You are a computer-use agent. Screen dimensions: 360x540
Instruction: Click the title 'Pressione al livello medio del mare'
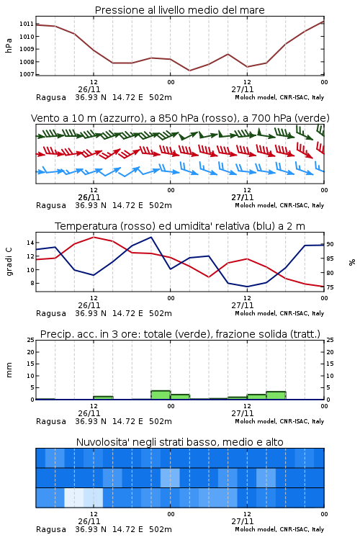(179, 10)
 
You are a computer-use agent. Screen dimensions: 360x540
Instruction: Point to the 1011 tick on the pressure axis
(26, 24)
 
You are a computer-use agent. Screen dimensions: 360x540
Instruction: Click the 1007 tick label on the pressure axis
(26, 74)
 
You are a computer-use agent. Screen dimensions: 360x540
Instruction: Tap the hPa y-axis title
(9, 45)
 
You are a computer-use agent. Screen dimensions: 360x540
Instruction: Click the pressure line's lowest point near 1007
(189, 71)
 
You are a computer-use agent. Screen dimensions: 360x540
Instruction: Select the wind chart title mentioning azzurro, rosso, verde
(180, 118)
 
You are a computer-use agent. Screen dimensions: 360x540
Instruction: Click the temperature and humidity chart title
(180, 226)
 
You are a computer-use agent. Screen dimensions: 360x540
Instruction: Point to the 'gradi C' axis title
(9, 262)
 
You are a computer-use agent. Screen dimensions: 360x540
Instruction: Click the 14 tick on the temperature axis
(30, 243)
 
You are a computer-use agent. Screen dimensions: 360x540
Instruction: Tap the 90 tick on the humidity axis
(330, 244)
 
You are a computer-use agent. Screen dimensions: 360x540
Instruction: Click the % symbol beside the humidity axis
(352, 262)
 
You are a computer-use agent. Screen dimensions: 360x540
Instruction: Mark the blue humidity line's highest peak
(151, 237)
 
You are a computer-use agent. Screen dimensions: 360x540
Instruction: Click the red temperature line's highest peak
(94, 237)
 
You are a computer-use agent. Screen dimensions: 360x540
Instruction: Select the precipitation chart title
(180, 334)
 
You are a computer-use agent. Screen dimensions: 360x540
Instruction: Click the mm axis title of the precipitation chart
(9, 370)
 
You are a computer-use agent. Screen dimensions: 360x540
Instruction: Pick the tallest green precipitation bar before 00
(161, 395)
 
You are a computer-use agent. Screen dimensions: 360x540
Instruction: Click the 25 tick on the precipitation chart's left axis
(30, 340)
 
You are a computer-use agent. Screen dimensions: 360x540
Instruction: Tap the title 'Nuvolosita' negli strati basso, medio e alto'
(179, 442)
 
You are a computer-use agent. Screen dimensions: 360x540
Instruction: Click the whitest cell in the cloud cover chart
(74, 498)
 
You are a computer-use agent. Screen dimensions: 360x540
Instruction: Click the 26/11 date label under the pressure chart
(89, 89)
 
